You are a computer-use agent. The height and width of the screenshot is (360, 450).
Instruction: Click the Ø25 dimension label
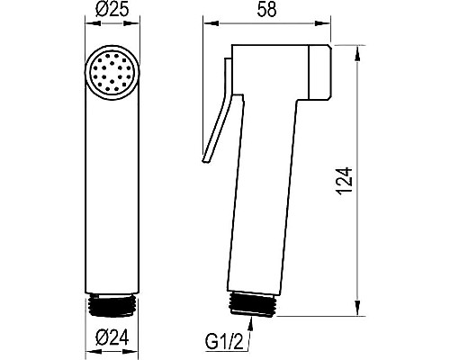point(112,10)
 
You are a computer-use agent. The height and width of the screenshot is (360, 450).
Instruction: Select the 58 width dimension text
point(266,10)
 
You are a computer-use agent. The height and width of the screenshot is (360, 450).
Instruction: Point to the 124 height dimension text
point(345,181)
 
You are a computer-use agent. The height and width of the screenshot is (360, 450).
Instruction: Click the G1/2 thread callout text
point(225,341)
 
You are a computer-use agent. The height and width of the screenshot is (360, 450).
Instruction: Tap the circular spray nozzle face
point(112,73)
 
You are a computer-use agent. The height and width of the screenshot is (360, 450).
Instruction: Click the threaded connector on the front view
point(112,305)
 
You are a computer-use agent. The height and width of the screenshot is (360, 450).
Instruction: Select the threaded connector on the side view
point(252,304)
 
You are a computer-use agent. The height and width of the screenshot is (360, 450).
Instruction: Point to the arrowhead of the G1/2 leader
point(252,323)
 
